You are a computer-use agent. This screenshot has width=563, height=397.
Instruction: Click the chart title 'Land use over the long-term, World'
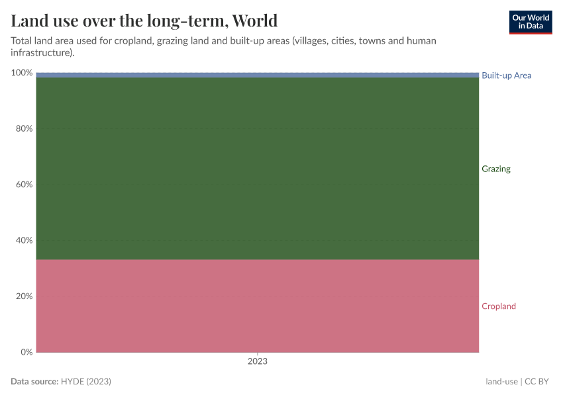(x=144, y=21)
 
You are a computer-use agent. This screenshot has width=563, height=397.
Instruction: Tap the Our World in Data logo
(x=530, y=22)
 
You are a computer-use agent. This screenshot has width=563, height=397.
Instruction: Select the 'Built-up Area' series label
(x=506, y=75)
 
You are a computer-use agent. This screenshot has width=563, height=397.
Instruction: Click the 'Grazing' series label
(x=495, y=169)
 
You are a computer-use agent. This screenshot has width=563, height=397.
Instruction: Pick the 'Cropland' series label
(x=498, y=306)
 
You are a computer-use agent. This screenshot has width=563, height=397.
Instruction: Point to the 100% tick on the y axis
(x=22, y=73)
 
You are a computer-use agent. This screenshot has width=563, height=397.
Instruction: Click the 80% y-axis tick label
(x=24, y=128)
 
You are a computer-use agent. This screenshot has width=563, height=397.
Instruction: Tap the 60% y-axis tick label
(x=24, y=185)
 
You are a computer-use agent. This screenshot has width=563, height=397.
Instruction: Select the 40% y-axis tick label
(x=24, y=240)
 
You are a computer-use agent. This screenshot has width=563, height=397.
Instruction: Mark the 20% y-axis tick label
(x=24, y=296)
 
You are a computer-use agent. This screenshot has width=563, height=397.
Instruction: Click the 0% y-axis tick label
(x=26, y=352)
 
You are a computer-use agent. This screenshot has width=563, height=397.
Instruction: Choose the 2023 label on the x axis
(x=257, y=362)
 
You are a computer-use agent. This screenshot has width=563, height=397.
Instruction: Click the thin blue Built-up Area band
(x=257, y=75)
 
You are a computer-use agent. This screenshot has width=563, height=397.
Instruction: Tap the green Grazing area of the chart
(x=257, y=169)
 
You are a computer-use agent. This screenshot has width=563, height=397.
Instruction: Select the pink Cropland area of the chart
(x=257, y=306)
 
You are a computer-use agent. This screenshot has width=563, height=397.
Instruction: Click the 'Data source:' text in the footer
(x=34, y=382)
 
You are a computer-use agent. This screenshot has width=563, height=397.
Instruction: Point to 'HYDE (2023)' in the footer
(x=85, y=382)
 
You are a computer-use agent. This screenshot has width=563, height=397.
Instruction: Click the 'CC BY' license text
(x=538, y=382)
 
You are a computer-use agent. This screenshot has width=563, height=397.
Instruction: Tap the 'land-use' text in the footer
(x=501, y=382)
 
